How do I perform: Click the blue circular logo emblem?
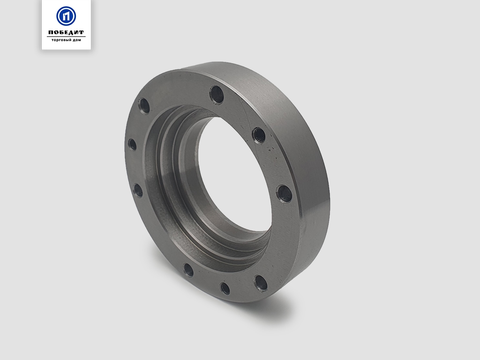[x=66, y=16]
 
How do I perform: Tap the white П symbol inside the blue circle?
[x=66, y=16]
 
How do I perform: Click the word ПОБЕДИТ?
[x=66, y=32]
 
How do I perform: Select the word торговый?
[x=61, y=40]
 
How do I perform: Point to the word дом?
[x=77, y=40]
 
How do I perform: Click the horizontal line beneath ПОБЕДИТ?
[x=66, y=37]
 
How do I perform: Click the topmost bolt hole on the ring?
[x=217, y=95]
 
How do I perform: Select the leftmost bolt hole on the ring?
[x=132, y=144]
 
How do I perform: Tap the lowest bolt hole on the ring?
[x=225, y=288]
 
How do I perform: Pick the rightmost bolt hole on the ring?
[x=284, y=194]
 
